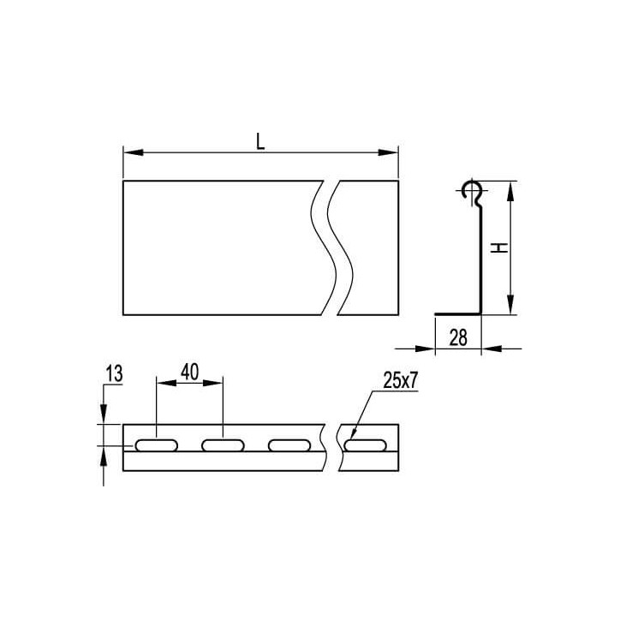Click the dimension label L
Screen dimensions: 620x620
click(x=259, y=141)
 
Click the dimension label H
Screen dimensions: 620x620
click(x=499, y=248)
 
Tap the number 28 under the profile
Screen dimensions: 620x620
click(x=458, y=337)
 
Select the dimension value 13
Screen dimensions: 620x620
click(x=114, y=374)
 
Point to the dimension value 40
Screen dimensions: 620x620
click(x=190, y=372)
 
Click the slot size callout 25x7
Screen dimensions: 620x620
click(x=400, y=380)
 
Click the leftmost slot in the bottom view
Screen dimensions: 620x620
click(x=157, y=445)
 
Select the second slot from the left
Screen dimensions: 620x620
click(x=223, y=445)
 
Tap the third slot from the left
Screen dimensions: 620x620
click(x=289, y=445)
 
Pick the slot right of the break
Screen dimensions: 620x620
click(x=365, y=445)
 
